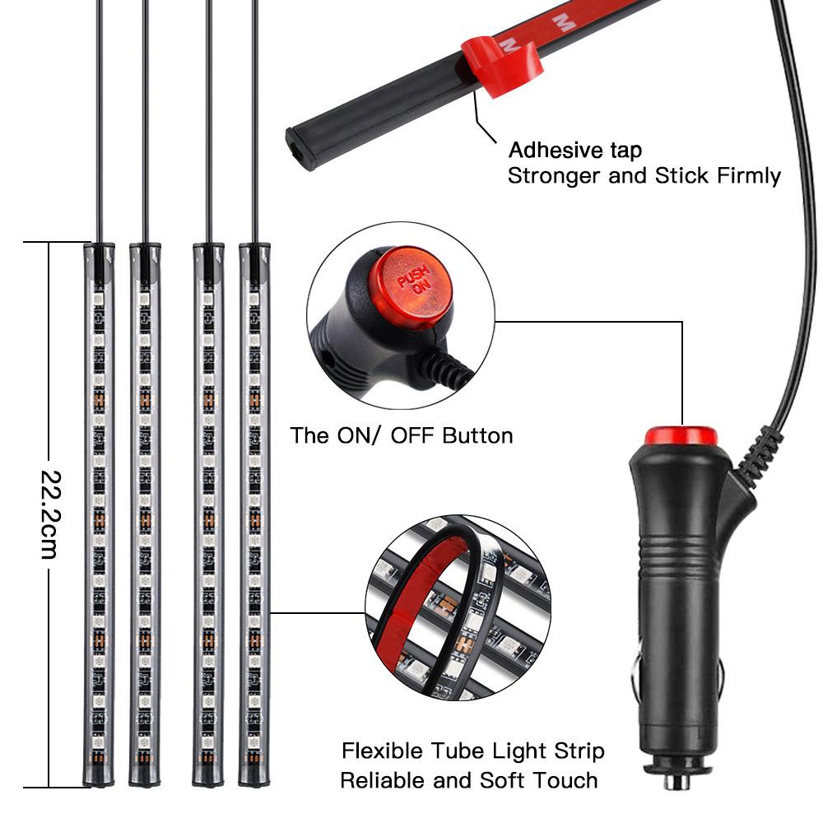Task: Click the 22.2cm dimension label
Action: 51,514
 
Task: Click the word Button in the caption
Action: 477,435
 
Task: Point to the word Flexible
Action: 382,751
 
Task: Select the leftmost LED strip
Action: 99,514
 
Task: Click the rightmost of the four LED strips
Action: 254,514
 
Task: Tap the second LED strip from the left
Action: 145,514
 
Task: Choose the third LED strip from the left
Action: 208,514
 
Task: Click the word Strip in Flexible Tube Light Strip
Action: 579,751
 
